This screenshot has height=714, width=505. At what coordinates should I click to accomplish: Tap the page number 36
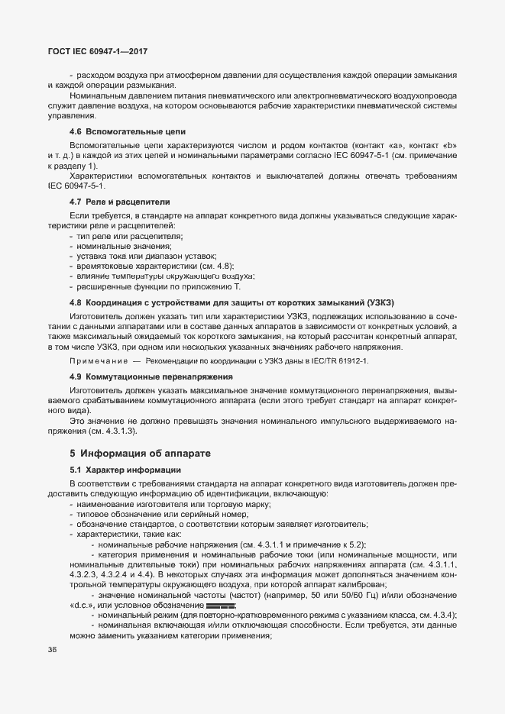[53, 649]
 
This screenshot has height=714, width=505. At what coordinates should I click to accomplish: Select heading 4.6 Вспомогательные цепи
[122, 131]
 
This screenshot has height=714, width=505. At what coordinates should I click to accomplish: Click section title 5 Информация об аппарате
[141, 453]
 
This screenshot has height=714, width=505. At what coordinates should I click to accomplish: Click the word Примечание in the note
[98, 360]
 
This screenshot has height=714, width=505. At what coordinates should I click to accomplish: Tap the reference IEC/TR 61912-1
[337, 360]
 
